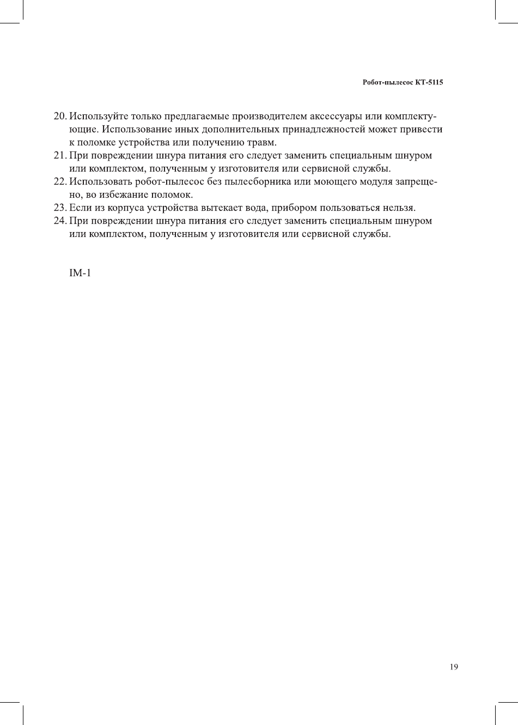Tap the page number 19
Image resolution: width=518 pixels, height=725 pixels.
[454, 667]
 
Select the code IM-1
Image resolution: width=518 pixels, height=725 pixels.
[80, 272]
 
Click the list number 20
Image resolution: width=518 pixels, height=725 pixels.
[59, 117]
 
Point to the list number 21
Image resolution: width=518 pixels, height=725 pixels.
[59, 156]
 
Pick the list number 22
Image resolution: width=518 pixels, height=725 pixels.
[59, 182]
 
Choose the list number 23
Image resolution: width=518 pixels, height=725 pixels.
[59, 208]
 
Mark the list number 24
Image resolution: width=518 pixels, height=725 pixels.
[59, 221]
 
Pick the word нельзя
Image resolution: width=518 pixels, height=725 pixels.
[400, 208]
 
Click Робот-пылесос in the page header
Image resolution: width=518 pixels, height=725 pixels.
[387, 83]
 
